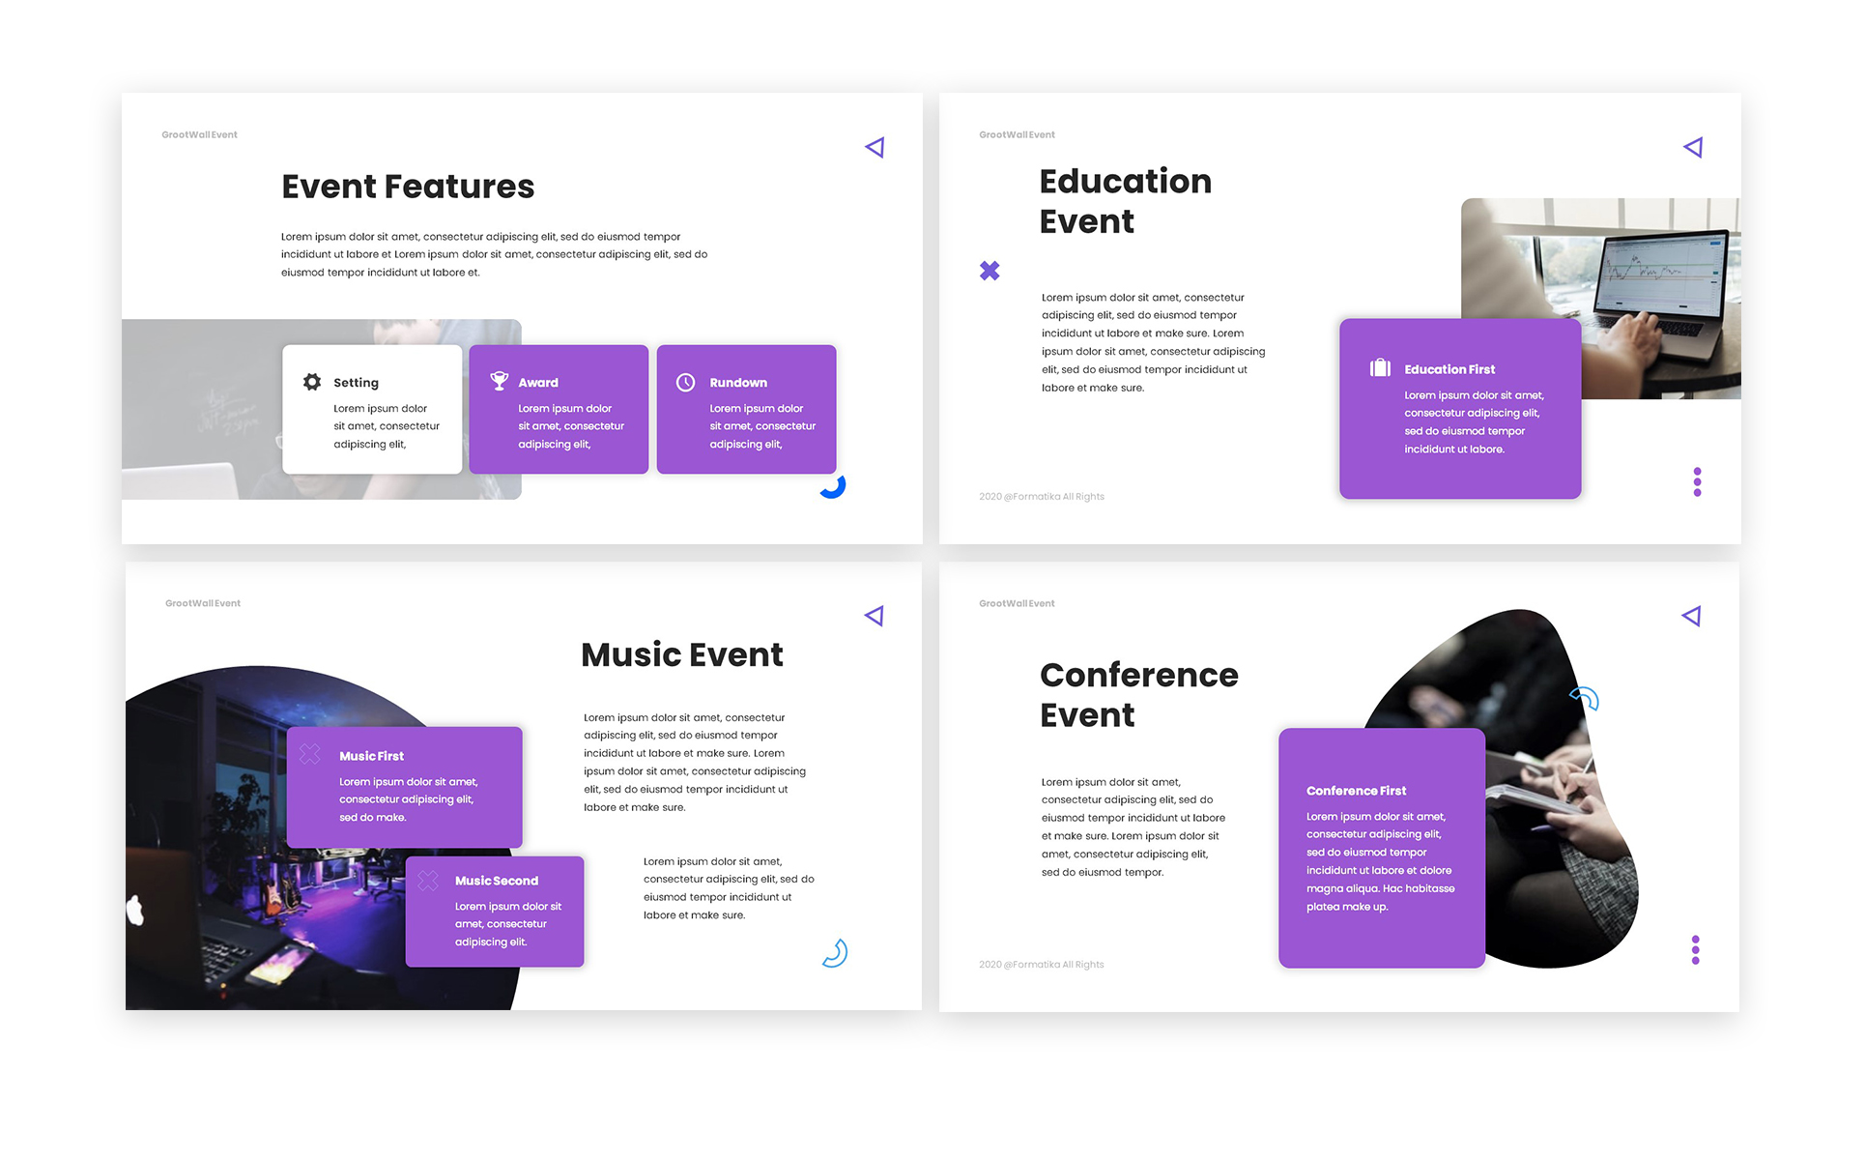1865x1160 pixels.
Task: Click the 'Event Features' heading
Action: tap(408, 187)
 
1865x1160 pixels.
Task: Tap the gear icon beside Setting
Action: tap(312, 382)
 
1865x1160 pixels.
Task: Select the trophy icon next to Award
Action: tap(499, 381)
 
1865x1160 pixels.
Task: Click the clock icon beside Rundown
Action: tap(685, 382)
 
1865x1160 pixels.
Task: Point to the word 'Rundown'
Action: tap(738, 383)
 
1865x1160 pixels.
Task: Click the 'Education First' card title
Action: tap(1449, 369)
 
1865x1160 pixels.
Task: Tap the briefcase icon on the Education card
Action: tap(1380, 367)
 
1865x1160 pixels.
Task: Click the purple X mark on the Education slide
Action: tap(990, 271)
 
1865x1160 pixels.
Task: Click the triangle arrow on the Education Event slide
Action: tap(1694, 147)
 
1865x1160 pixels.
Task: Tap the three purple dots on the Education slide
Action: tap(1697, 481)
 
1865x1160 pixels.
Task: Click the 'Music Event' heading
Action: tap(682, 655)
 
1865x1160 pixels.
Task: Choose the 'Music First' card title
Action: tap(371, 756)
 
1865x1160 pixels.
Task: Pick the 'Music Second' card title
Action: tap(497, 881)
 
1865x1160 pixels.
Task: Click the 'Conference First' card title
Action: tap(1356, 791)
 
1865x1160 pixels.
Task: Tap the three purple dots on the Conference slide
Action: tap(1695, 949)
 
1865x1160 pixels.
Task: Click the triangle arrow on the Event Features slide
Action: tap(875, 147)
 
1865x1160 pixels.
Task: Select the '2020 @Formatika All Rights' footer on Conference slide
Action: tap(1041, 965)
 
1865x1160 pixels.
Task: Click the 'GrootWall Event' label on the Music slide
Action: tap(203, 603)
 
